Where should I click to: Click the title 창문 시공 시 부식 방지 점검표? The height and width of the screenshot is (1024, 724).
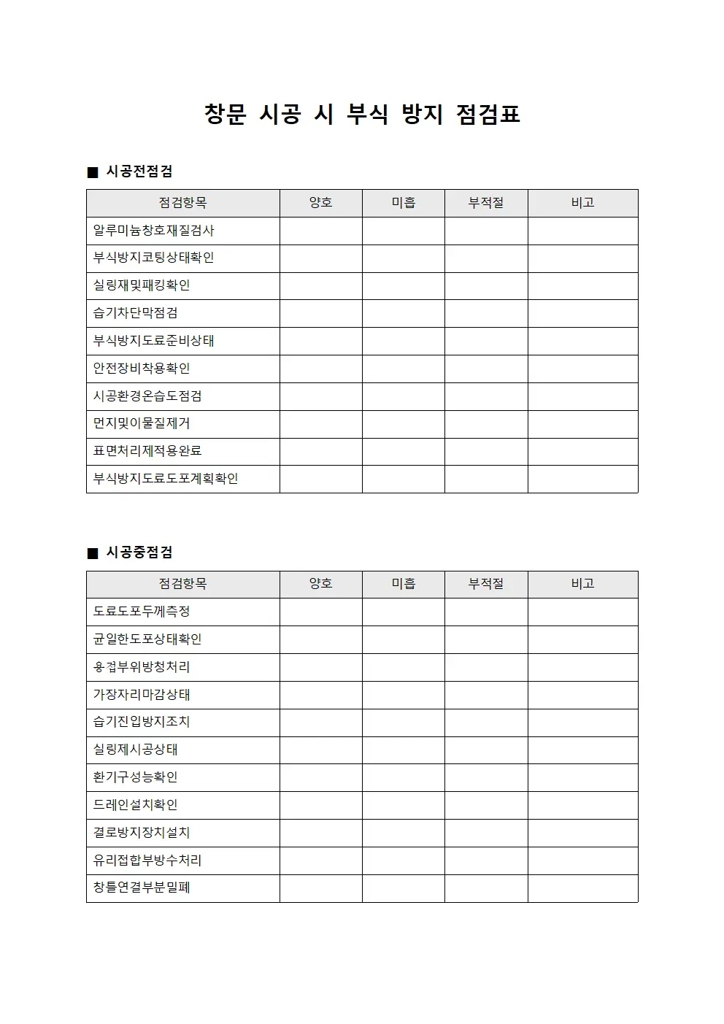362,115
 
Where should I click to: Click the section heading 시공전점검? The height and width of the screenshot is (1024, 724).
139,172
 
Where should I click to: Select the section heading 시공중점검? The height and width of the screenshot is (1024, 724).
139,553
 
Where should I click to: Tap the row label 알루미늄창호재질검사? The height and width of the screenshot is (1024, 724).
153,231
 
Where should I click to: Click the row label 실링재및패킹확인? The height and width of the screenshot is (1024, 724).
142,285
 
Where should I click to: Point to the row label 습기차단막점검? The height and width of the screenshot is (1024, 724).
136,313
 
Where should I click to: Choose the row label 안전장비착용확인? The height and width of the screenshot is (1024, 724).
142,369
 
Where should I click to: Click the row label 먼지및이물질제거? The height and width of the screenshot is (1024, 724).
142,423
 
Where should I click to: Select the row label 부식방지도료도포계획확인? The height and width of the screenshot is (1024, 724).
166,479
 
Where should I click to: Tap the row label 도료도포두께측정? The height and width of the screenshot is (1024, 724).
142,612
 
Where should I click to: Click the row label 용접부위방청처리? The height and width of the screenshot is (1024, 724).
142,667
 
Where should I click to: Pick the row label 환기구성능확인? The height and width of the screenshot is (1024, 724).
136,777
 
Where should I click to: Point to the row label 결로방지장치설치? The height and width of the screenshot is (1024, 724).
142,833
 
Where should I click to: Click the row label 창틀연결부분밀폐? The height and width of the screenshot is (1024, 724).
142,888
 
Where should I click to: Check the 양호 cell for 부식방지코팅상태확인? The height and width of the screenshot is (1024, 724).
320,258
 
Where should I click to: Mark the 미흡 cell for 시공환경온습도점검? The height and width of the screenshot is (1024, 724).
403,396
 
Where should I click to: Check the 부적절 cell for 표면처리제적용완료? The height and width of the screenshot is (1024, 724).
486,451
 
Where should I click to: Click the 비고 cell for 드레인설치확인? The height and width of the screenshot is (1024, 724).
582,805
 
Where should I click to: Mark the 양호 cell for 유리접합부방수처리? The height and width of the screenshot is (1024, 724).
320,861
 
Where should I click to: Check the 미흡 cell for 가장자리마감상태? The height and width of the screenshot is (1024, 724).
403,695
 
